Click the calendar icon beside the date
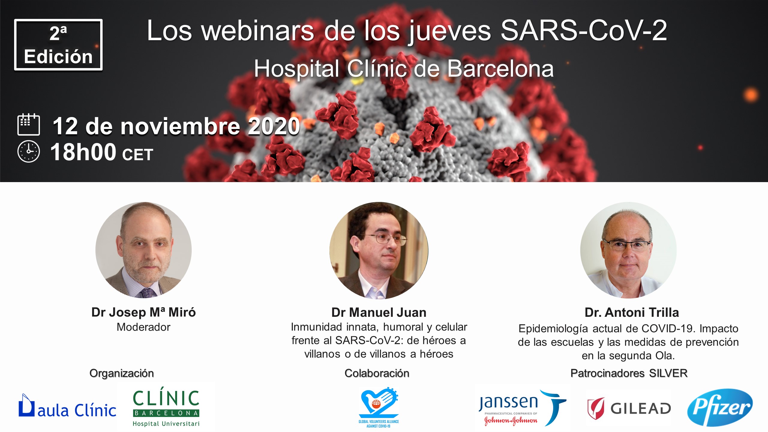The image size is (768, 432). [28, 124]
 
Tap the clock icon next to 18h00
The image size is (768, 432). [28, 152]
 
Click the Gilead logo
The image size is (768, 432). [629, 408]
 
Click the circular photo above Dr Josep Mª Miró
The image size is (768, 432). [143, 250]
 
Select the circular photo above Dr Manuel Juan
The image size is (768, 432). [379, 250]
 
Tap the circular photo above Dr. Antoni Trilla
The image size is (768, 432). [628, 250]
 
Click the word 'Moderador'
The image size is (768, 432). [143, 327]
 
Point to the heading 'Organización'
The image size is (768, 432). [121, 373]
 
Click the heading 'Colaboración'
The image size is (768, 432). [377, 373]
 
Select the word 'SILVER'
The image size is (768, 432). [668, 373]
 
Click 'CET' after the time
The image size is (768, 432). [138, 155]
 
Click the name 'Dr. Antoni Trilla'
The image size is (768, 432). [632, 313]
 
